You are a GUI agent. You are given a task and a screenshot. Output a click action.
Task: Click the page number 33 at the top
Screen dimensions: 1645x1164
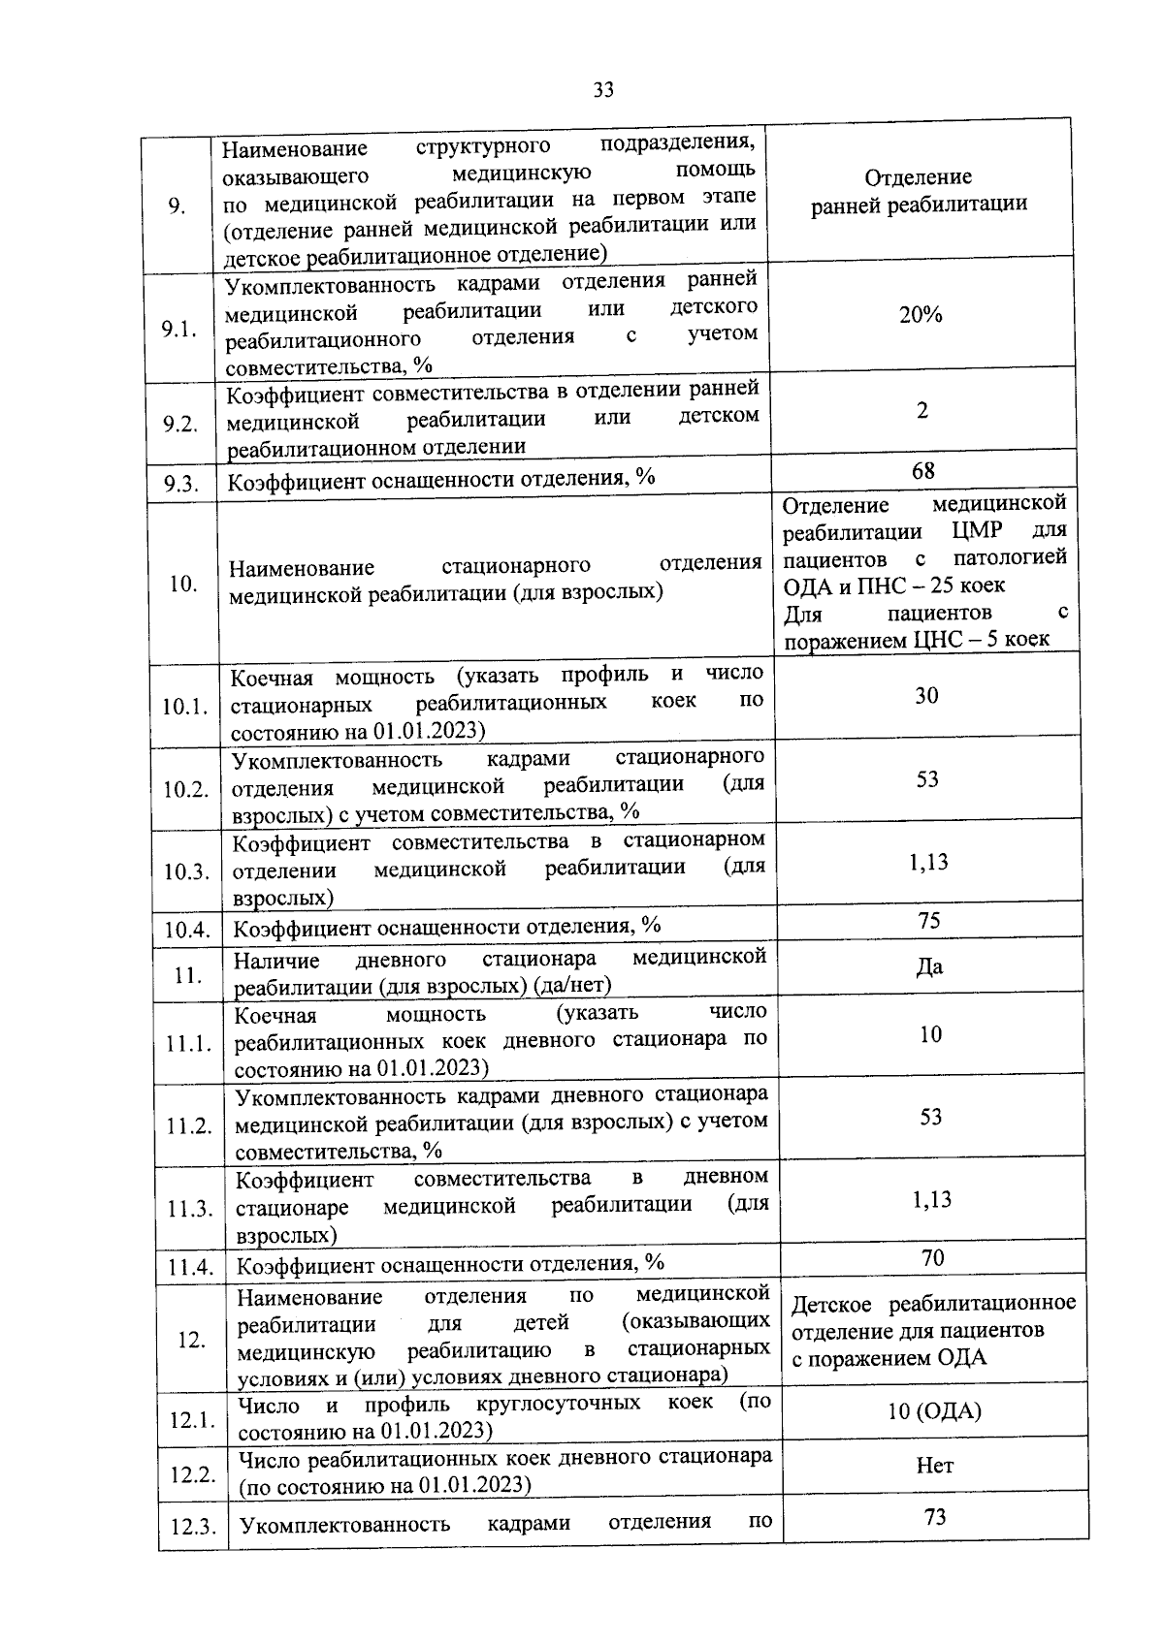[603, 90]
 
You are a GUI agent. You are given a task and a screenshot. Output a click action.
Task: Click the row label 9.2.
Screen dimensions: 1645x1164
[180, 424]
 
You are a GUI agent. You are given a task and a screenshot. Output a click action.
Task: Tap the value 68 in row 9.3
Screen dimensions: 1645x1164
[923, 470]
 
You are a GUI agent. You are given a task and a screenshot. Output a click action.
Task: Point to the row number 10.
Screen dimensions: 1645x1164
[183, 583]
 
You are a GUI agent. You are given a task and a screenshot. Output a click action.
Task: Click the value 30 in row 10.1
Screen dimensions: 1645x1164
[926, 695]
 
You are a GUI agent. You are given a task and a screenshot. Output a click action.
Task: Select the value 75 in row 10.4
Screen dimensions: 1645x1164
[929, 920]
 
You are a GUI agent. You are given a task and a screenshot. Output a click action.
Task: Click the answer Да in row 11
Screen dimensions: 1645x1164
[929, 966]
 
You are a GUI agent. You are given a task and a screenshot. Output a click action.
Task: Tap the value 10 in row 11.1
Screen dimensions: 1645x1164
[930, 1034]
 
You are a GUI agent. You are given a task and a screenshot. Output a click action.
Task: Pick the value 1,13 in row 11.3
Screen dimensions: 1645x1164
[931, 1199]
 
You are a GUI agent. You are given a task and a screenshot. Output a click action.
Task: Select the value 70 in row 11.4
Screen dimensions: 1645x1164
[932, 1257]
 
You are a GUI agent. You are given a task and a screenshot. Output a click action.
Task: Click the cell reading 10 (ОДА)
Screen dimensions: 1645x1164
[934, 1410]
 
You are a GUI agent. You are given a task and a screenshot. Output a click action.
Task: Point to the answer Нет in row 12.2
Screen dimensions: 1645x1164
[935, 1465]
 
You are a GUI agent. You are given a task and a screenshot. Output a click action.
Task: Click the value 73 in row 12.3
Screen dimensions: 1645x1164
[935, 1517]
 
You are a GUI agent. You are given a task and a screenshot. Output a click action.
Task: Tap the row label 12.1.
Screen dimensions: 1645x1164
[192, 1420]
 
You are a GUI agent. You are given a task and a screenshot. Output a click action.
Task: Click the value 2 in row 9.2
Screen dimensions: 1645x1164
[922, 410]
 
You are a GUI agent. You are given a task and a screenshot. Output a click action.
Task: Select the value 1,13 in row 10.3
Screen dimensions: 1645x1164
[928, 862]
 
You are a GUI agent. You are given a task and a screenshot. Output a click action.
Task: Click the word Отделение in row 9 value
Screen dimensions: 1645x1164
[918, 177]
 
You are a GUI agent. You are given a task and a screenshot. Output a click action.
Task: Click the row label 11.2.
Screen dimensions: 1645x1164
[189, 1126]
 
